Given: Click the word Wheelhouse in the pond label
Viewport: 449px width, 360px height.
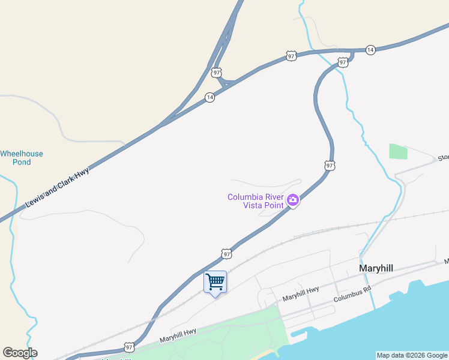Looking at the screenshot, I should [x=22, y=154].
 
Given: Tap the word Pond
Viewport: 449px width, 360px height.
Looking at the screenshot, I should [x=22, y=162].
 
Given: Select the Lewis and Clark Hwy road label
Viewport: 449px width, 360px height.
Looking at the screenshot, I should [x=58, y=188].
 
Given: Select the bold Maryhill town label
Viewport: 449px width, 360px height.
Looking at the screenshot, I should [x=376, y=268].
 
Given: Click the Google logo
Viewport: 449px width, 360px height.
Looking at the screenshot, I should [x=20, y=353].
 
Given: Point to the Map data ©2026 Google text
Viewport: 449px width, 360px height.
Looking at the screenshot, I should [x=412, y=355].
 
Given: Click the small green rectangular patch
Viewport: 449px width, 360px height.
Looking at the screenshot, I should [x=398, y=151].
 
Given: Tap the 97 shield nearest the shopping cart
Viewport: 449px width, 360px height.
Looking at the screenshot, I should [x=226, y=254].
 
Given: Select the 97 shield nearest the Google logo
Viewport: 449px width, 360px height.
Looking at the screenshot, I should [x=129, y=347].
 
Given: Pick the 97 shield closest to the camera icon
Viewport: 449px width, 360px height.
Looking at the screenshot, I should [x=330, y=165].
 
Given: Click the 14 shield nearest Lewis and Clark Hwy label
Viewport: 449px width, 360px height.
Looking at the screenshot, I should [x=209, y=97].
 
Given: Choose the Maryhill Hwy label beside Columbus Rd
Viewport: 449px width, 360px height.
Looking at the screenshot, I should [x=301, y=294].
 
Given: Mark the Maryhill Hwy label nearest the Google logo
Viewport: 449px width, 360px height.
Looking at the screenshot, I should [x=178, y=335].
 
